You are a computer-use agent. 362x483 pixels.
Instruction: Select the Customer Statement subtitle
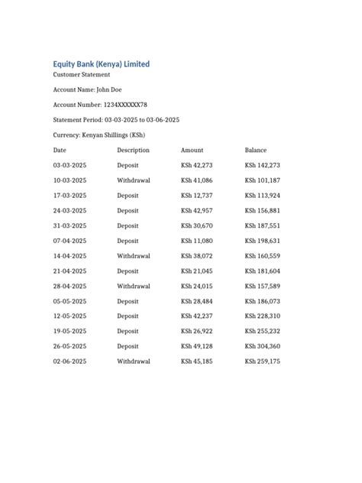pyautogui.click(x=82, y=75)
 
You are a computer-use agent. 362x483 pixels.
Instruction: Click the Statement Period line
pyautogui.click(x=116, y=120)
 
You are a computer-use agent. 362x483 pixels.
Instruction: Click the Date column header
pyautogui.click(x=60, y=150)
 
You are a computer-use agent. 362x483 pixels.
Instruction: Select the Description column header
pyautogui.click(x=133, y=150)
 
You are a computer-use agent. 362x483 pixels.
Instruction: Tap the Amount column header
pyautogui.click(x=192, y=150)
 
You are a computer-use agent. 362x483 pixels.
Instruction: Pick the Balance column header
pyautogui.click(x=256, y=150)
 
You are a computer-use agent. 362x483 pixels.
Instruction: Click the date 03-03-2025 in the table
pyautogui.click(x=69, y=165)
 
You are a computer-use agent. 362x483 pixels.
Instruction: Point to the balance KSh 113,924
pyautogui.click(x=263, y=196)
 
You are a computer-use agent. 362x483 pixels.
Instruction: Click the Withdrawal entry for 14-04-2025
pyautogui.click(x=134, y=256)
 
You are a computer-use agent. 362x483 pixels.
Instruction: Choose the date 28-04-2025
pyautogui.click(x=69, y=286)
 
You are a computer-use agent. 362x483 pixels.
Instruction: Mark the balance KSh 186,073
pyautogui.click(x=263, y=301)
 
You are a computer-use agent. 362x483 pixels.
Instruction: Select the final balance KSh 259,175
pyautogui.click(x=263, y=361)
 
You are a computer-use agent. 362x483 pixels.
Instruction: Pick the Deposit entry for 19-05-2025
pyautogui.click(x=128, y=331)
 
